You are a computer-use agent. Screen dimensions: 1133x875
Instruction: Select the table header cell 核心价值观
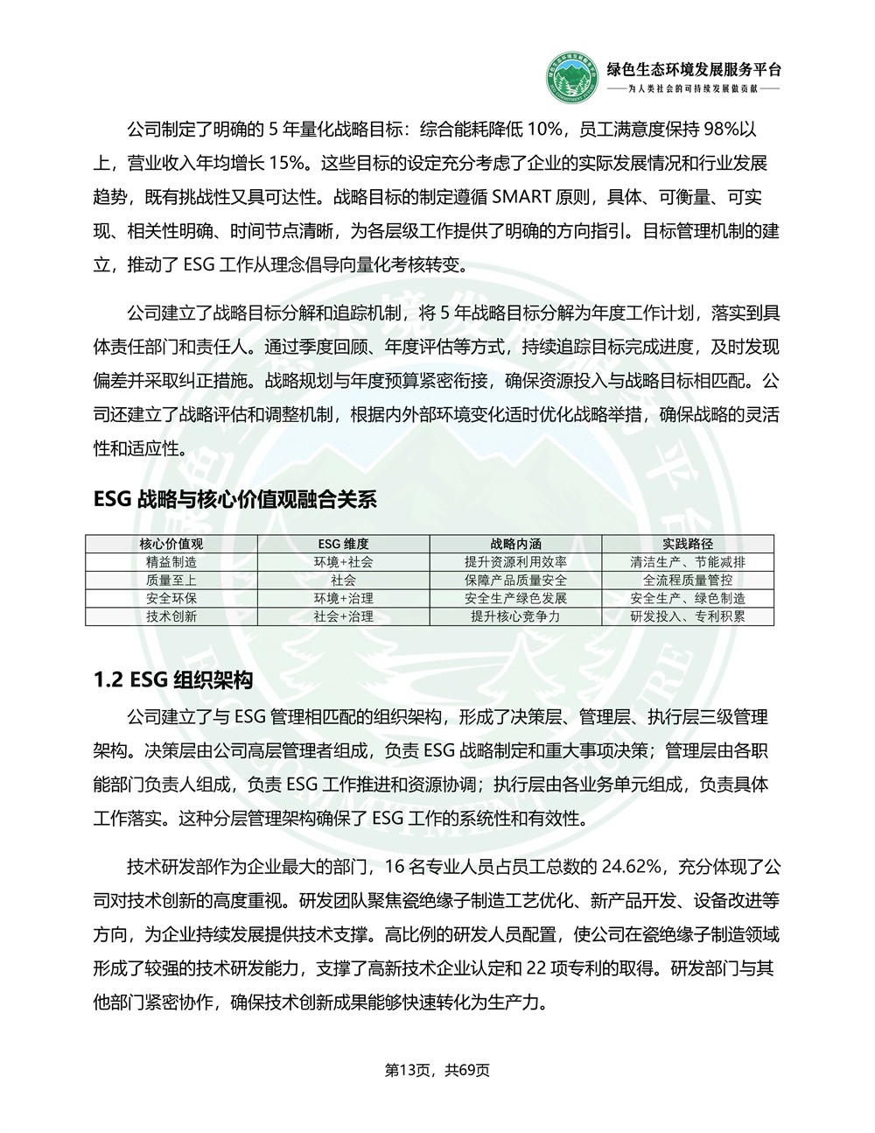click(171, 544)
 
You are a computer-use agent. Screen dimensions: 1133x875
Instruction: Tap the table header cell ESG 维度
click(343, 544)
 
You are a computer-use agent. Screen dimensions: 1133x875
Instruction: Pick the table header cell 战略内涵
click(515, 544)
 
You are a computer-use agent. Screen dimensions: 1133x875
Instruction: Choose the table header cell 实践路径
click(688, 544)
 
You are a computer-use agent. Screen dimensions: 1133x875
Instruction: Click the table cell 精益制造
click(171, 562)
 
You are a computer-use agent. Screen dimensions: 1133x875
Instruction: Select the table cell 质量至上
click(171, 581)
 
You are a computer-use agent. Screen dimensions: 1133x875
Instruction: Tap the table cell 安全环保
click(171, 599)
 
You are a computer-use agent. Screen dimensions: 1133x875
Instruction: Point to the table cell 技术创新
click(171, 616)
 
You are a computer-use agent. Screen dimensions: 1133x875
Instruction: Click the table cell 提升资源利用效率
click(515, 562)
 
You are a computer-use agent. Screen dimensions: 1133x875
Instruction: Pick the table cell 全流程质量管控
click(688, 581)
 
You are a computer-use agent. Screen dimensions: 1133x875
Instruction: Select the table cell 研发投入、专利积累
click(688, 616)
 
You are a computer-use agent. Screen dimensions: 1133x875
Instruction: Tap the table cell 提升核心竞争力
click(515, 616)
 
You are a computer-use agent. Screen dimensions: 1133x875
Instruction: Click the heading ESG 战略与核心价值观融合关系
click(234, 500)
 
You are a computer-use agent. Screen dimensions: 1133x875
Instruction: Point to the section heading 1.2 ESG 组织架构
click(173, 680)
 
